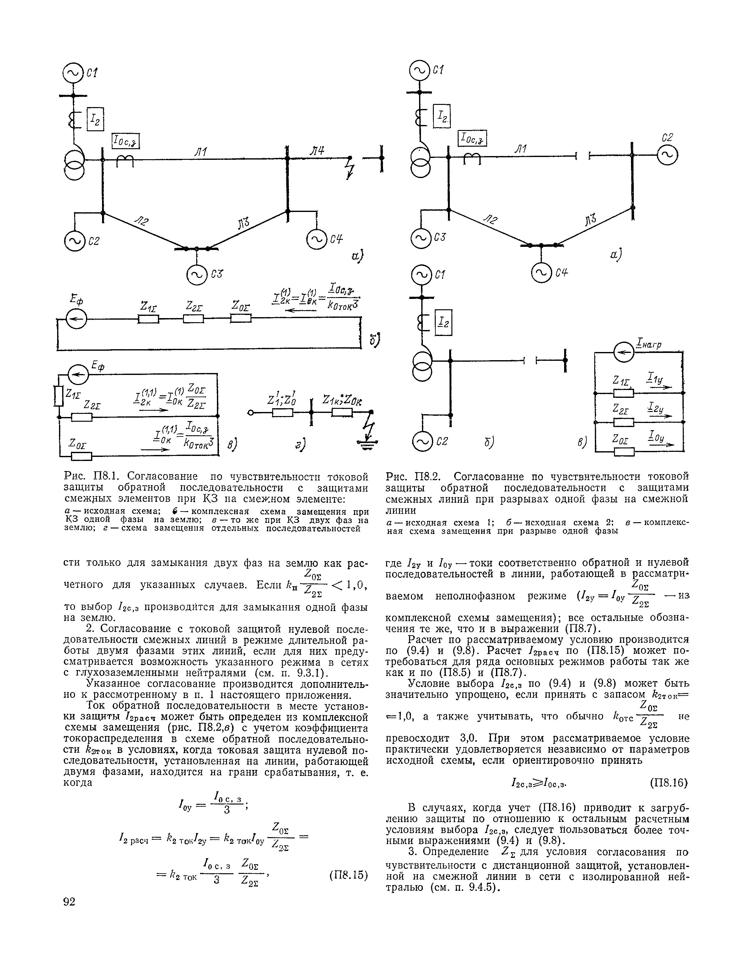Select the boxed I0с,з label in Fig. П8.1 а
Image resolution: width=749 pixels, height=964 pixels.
coord(126,141)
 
